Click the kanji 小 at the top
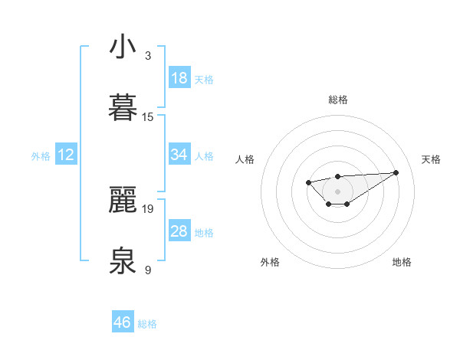pyautogui.click(x=123, y=47)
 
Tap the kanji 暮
pyautogui.click(x=123, y=107)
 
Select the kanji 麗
pyautogui.click(x=123, y=200)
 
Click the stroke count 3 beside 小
pyautogui.click(x=148, y=56)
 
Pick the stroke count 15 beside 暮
pyautogui.click(x=148, y=116)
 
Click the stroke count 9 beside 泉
pyautogui.click(x=148, y=270)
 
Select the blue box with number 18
pyautogui.click(x=179, y=78)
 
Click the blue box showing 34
pyautogui.click(x=179, y=155)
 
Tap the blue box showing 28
pyautogui.click(x=179, y=231)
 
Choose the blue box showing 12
pyautogui.click(x=66, y=155)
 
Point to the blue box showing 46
pyautogui.click(x=123, y=322)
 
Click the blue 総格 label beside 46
pyautogui.click(x=147, y=324)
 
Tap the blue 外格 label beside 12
pyautogui.click(x=41, y=156)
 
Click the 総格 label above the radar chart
pyautogui.click(x=338, y=100)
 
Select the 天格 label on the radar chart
pyautogui.click(x=432, y=159)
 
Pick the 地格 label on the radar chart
pyautogui.click(x=402, y=262)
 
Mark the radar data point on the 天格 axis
pyautogui.click(x=396, y=172)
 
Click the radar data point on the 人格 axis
pyautogui.click(x=308, y=182)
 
